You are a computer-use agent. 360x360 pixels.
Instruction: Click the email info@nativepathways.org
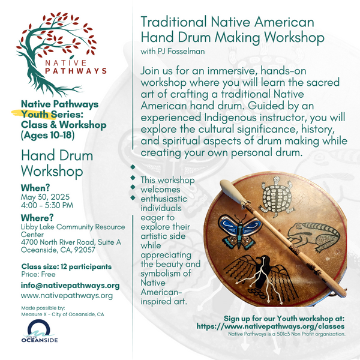tap(70, 286)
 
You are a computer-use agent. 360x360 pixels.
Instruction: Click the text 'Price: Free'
tap(38, 274)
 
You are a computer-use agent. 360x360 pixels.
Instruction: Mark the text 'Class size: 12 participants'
tap(66, 266)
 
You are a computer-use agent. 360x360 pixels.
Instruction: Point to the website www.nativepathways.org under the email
tap(67, 296)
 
